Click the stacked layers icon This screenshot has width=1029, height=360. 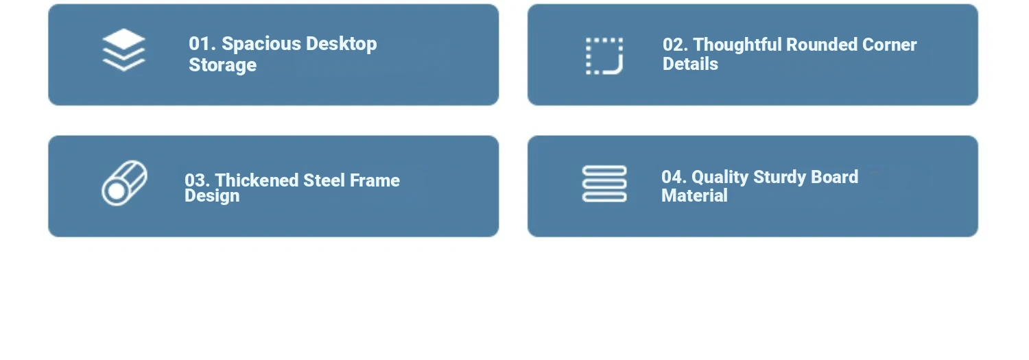click(123, 50)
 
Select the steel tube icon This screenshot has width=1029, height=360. click(124, 183)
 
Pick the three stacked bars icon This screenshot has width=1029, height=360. click(604, 184)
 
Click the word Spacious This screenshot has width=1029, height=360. click(261, 45)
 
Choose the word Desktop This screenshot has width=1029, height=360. click(342, 45)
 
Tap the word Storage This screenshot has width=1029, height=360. click(223, 65)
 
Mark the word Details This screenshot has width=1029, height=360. click(690, 64)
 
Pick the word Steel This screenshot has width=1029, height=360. click(324, 180)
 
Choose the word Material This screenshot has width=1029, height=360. click(694, 196)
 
